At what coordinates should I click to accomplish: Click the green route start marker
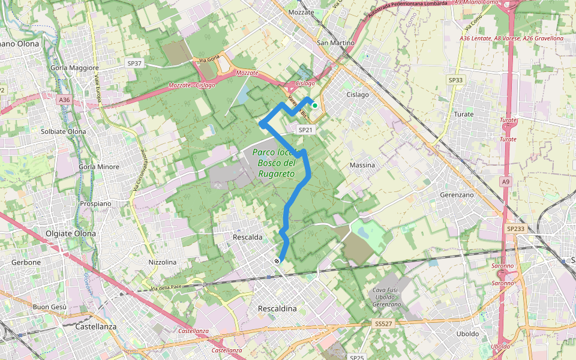(314, 105)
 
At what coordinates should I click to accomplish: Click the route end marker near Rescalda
(277, 261)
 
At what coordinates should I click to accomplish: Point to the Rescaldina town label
(277, 308)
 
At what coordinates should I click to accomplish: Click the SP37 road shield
(134, 63)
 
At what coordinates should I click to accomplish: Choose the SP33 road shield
(455, 80)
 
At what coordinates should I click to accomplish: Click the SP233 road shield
(515, 229)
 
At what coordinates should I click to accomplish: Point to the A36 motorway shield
(65, 100)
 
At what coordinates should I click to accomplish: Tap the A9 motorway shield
(506, 181)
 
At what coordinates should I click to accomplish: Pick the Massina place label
(362, 165)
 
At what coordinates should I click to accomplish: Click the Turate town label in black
(464, 114)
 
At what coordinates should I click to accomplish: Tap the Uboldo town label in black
(468, 334)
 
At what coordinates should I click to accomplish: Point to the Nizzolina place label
(163, 262)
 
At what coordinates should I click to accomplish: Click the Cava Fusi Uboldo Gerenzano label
(386, 297)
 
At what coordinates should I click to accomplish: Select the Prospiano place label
(96, 203)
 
